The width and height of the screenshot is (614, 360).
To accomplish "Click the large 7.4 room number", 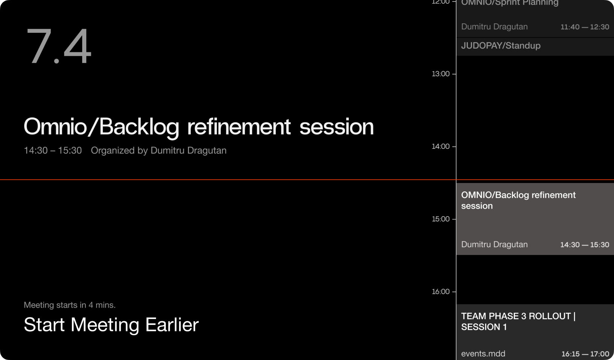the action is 58,46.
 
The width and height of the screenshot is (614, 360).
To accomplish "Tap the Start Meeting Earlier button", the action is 111,325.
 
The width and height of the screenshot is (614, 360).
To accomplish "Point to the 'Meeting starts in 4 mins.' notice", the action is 70,305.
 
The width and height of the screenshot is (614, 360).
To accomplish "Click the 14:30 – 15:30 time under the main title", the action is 53,150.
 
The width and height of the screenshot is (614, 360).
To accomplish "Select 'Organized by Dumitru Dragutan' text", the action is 159,150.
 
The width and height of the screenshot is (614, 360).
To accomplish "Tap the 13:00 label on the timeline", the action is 441,74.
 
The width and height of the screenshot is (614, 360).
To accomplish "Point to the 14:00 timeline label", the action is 441,146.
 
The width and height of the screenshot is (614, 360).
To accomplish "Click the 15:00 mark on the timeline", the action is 441,219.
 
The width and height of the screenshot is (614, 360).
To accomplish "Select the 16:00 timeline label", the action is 441,292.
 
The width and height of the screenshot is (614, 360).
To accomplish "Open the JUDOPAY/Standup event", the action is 501,46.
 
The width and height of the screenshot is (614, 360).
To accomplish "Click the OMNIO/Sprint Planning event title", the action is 510,3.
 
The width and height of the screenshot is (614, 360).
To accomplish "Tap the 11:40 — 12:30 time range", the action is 585,27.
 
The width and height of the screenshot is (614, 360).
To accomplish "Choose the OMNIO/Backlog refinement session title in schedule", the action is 518,200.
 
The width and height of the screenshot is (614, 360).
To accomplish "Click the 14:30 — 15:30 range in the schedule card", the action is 585,245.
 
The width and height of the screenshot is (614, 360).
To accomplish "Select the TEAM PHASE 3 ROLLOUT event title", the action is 518,321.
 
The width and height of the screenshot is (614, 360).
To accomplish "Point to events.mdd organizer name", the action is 483,354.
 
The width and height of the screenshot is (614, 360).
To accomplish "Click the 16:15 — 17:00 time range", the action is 585,354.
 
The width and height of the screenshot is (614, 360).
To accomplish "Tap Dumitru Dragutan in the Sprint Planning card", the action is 495,27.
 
